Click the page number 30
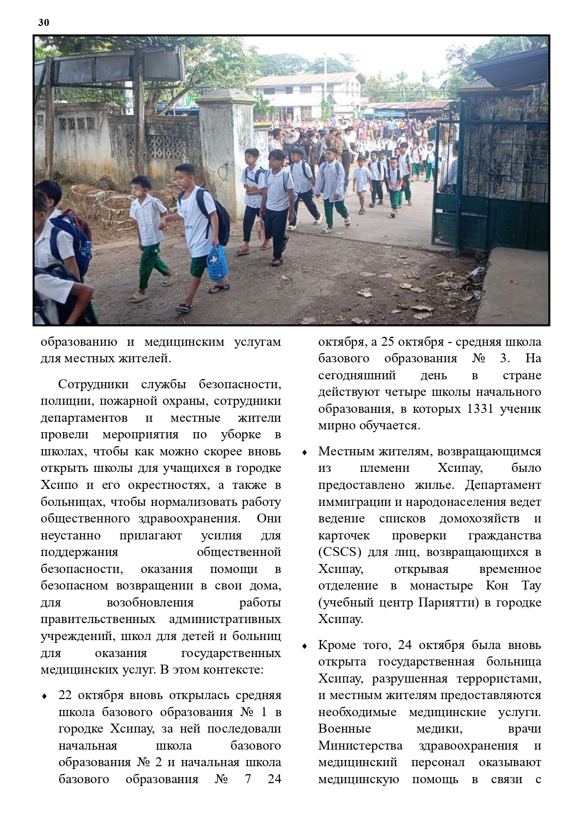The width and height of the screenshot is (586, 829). [x=43, y=23]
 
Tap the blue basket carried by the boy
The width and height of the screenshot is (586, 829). [x=217, y=263]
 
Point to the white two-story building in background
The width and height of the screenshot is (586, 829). [x=307, y=94]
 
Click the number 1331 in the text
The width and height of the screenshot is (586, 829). [x=480, y=409]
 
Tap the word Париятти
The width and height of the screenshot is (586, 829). [x=442, y=602]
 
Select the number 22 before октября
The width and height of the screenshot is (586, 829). [x=66, y=695]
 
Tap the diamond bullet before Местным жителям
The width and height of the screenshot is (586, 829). [x=305, y=453]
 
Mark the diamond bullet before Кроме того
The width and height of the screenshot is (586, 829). [x=305, y=646]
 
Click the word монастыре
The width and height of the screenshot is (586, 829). [x=441, y=586]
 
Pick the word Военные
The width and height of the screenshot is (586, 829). [x=344, y=729]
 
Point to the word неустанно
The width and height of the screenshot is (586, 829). [x=70, y=535]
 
